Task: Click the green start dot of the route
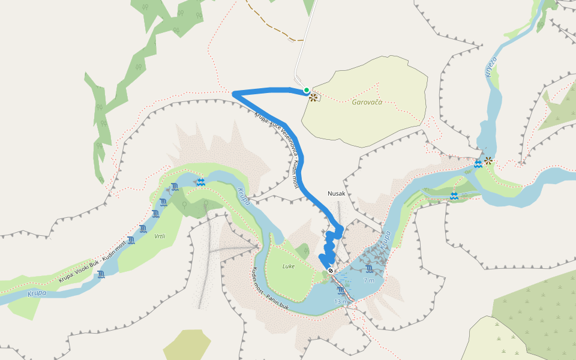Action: (x=307, y=91)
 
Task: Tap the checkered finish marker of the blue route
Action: (x=330, y=271)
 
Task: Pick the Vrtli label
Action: (x=160, y=237)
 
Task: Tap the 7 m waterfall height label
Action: (x=368, y=280)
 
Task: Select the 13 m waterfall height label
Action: (x=341, y=301)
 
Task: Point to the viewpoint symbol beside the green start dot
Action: (x=313, y=97)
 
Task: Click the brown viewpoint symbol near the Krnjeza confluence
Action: (x=489, y=161)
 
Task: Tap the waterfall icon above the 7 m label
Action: (x=368, y=268)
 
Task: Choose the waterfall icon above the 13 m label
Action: (x=341, y=291)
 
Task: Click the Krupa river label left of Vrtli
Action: (x=37, y=293)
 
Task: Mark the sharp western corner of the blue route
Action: (x=234, y=92)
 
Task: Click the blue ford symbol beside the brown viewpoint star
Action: (x=478, y=164)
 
